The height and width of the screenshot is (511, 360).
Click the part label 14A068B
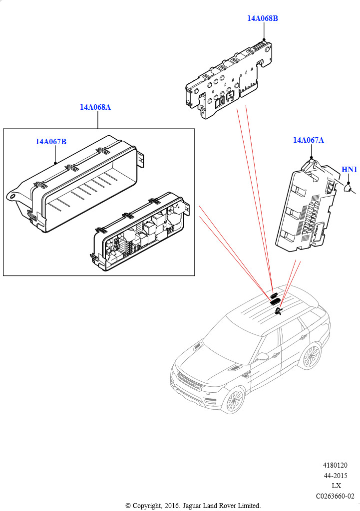pyautogui.click(x=262, y=18)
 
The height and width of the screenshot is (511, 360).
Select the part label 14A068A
pyautogui.click(x=95, y=107)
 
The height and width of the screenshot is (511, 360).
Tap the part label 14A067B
pyautogui.click(x=50, y=142)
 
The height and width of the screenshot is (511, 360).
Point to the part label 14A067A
pyautogui.click(x=308, y=140)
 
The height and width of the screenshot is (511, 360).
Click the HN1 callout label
pyautogui.click(x=349, y=170)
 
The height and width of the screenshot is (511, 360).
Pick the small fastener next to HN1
pyautogui.click(x=350, y=188)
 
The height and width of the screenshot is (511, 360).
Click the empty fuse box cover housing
pyautogui.click(x=75, y=185)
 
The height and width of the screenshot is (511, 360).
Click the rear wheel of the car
pyautogui.click(x=311, y=356)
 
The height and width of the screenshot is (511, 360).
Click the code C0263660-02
pyautogui.click(x=335, y=496)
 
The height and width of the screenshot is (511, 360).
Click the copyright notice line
pyautogui.click(x=193, y=506)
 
